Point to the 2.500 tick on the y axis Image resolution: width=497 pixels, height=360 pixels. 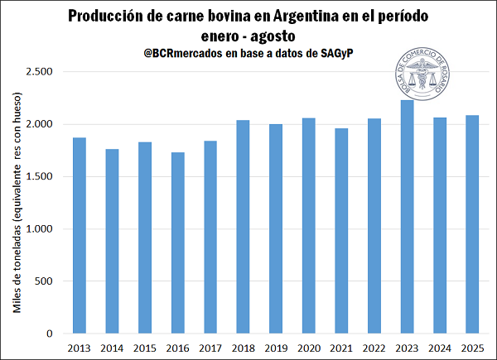[x=40, y=72]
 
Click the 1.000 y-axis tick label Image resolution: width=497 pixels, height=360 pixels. [x=40, y=229]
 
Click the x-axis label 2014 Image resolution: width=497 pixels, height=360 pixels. [x=112, y=348]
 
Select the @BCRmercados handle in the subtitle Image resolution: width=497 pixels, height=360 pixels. [x=181, y=53]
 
